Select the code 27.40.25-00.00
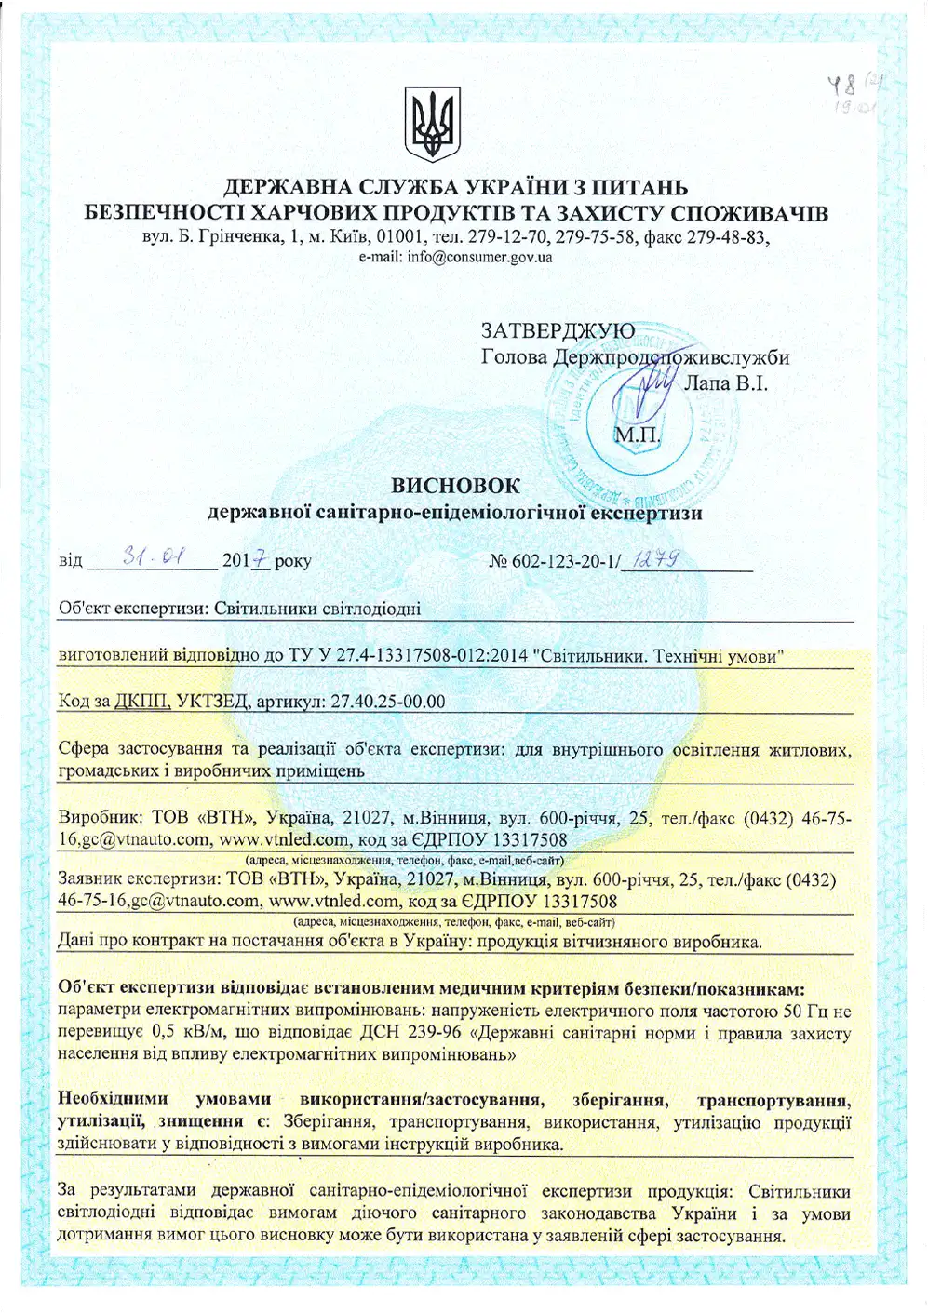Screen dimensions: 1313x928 (x=388, y=702)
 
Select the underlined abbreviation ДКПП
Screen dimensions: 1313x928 (x=141, y=702)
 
